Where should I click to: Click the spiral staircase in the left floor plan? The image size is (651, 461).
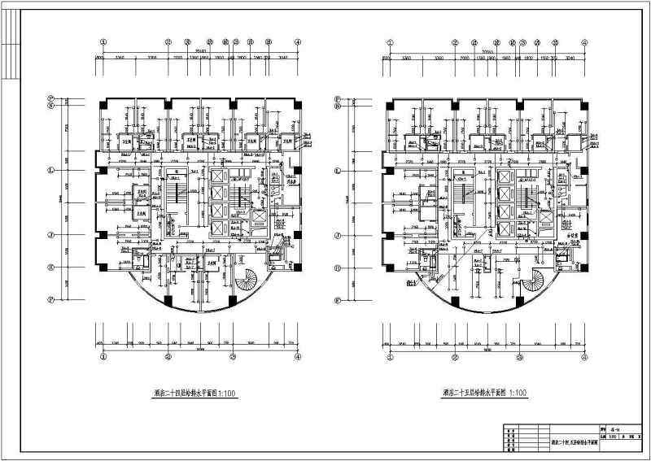click(247, 284)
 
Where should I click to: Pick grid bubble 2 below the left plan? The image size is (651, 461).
click(168, 356)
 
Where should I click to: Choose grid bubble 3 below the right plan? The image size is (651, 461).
click(518, 356)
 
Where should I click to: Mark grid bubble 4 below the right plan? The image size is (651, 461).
click(584, 356)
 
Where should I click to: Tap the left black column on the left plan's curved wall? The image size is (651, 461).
click(168, 299)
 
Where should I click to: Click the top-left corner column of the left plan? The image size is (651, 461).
click(103, 105)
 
